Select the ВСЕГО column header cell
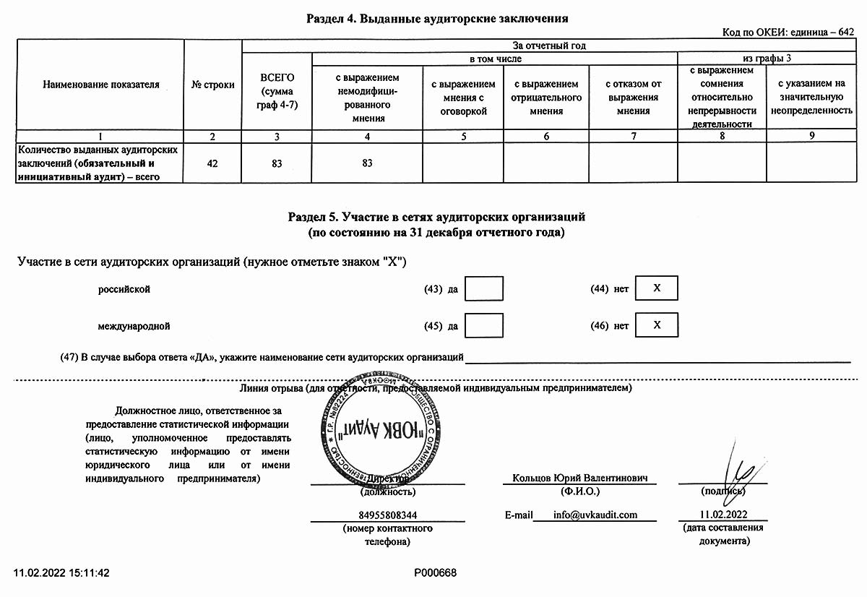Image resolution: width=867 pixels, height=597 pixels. click(277, 90)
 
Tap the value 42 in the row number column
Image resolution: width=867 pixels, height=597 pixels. click(212, 163)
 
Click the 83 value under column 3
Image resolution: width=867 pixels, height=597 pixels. click(277, 163)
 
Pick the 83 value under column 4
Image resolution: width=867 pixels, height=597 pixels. click(367, 163)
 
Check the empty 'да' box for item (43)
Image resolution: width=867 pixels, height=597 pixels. click(484, 289)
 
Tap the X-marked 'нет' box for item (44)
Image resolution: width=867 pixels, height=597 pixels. click(657, 289)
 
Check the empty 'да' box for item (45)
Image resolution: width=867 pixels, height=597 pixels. click(484, 325)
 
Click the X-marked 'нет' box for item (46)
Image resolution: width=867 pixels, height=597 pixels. click(657, 325)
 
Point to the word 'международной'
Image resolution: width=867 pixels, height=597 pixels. click(134, 326)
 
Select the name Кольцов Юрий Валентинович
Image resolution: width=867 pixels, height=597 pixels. click(579, 478)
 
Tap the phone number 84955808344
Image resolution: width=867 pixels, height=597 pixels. click(387, 515)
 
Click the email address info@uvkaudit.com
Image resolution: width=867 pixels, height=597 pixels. click(595, 515)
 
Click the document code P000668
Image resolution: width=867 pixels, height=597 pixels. click(436, 573)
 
